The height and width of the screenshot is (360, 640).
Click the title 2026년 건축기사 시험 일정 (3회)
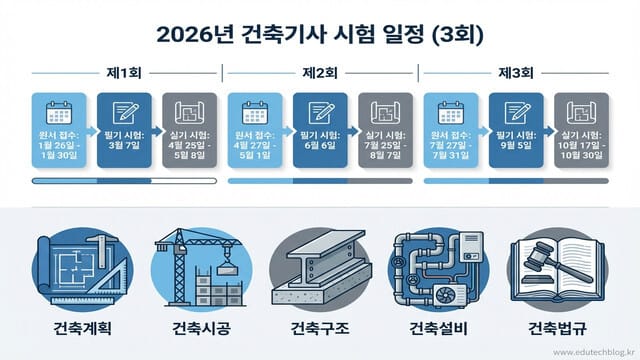pos(320,34)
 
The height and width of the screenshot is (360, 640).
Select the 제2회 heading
pos(319,73)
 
